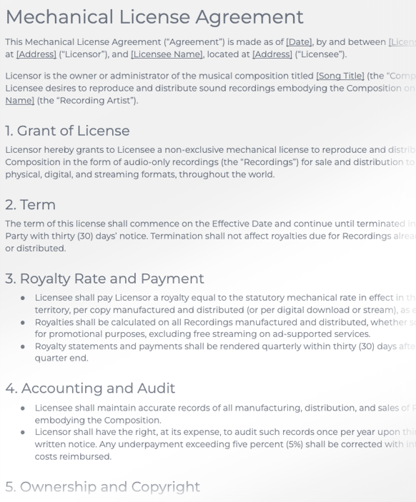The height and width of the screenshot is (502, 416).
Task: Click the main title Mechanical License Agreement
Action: coord(154,16)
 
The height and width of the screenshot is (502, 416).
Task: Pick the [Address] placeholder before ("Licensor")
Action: coord(36,54)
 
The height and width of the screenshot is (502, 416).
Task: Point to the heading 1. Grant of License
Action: coord(67,131)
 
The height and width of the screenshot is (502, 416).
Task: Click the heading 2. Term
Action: coord(30,205)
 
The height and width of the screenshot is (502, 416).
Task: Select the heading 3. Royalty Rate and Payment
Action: coord(104,278)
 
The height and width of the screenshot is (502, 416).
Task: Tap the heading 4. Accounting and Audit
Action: coord(89,388)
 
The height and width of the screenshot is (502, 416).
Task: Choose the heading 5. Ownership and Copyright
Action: coord(102,487)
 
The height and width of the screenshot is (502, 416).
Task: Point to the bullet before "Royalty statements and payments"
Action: coord(24,346)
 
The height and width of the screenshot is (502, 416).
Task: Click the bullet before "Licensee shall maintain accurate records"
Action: coord(24,408)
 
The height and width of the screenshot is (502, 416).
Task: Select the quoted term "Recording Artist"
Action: coord(88,101)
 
